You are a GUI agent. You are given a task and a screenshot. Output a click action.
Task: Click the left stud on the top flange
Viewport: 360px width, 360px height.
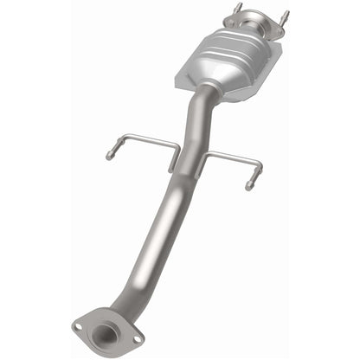pos(234,11)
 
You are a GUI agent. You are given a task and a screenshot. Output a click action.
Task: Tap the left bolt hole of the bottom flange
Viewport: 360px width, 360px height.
pos(80,326)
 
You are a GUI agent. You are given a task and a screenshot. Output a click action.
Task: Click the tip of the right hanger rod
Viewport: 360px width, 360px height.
pos(248,186)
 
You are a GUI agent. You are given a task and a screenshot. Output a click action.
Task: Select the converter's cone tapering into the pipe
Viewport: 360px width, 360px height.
pos(210,87)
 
